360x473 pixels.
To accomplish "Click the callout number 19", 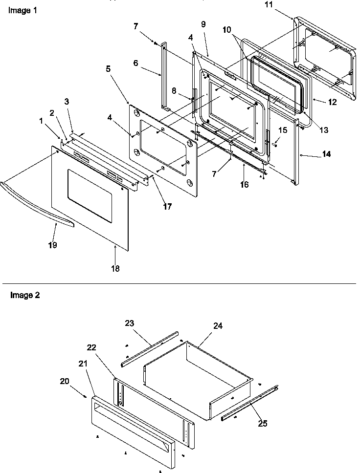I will (52, 245).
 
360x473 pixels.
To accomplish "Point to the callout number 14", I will (326, 154).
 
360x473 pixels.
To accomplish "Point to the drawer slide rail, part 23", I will (149, 349).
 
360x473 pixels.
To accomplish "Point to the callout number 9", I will (203, 23).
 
